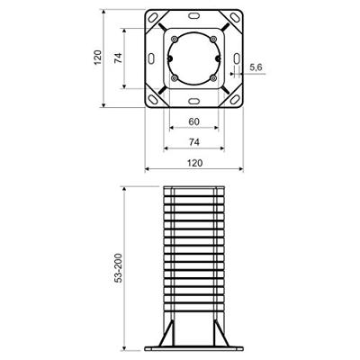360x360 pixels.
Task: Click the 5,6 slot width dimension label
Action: coord(255,67)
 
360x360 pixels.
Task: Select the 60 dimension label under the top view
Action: coord(194,122)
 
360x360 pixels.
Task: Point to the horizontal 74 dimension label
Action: coord(194,141)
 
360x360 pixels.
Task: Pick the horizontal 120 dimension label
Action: coord(194,163)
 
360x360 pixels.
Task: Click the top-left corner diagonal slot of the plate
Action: coord(158,23)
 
